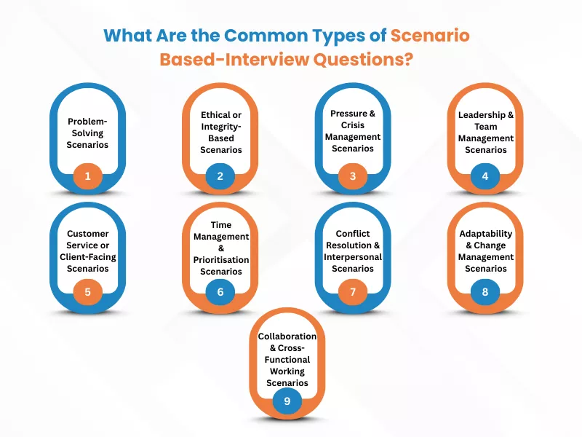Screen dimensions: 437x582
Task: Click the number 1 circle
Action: (88, 176)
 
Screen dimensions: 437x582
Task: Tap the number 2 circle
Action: (220, 176)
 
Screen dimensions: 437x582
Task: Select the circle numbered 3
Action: (353, 176)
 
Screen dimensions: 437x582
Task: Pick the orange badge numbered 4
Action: (486, 176)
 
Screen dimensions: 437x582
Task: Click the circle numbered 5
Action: (88, 293)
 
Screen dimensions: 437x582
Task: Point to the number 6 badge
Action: (220, 293)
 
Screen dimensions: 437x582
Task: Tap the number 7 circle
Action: (353, 293)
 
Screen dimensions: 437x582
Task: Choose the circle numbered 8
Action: (486, 293)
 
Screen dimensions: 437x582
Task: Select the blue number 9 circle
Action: (287, 400)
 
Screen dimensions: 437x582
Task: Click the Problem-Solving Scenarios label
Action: (88, 133)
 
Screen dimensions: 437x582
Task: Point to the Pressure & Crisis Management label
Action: (353, 131)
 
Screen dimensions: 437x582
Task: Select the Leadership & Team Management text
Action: (486, 132)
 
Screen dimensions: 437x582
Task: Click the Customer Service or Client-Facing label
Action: (88, 251)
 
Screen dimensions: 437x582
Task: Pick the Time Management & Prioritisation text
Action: (220, 248)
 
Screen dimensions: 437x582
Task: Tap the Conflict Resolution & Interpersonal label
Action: (353, 251)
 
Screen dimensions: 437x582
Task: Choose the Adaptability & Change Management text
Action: (486, 251)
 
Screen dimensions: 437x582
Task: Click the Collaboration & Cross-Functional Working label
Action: (287, 359)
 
